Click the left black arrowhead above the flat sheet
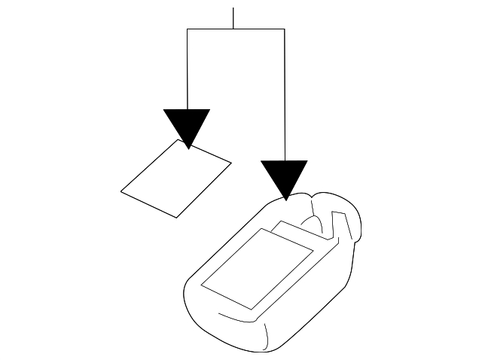pos(187,124)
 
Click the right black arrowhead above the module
pos(284,175)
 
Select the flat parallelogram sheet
pos(175,178)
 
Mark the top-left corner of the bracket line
pos(187,29)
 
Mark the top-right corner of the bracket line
pos(285,29)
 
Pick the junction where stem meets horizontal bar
pos(233,29)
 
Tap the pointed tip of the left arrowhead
pos(187,148)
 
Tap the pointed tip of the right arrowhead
pos(285,200)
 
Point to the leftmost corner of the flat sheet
pos(121,191)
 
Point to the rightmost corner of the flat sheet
pos(230,160)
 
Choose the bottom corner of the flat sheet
pos(177,218)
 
